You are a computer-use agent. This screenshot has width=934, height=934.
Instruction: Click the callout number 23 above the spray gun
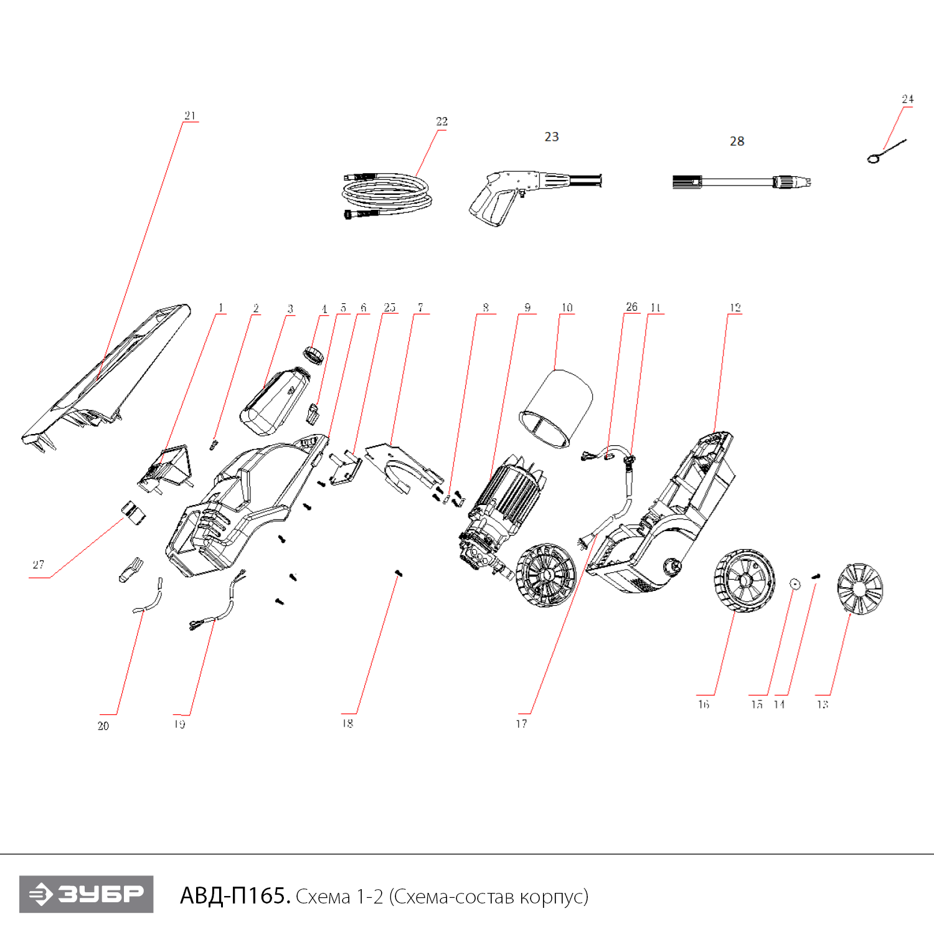(552, 137)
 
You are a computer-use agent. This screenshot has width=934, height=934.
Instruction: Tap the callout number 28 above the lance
(737, 141)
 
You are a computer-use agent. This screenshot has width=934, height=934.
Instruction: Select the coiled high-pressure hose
(385, 195)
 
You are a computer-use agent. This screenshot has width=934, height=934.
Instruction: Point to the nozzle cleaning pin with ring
(884, 151)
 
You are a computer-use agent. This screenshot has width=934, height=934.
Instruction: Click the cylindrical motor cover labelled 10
(556, 408)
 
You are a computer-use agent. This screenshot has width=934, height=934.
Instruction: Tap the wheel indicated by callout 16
(744, 580)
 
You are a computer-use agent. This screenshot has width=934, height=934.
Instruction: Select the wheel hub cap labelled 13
(860, 589)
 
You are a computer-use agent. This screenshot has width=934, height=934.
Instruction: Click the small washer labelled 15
(795, 583)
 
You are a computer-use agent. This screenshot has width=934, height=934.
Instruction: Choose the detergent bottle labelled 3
(274, 402)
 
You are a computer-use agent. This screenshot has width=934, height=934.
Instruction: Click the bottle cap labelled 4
(314, 355)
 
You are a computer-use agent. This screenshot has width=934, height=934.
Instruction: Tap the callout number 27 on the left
(38, 565)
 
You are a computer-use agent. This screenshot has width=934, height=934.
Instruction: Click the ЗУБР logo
(86, 894)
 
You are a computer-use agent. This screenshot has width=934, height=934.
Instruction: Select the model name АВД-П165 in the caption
(234, 895)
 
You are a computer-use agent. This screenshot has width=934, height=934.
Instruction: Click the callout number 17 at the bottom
(521, 724)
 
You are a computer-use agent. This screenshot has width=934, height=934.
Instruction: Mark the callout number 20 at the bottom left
(103, 725)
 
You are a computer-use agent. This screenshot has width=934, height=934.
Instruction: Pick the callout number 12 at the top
(735, 308)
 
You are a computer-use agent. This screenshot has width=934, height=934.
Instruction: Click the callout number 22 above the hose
(441, 121)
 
